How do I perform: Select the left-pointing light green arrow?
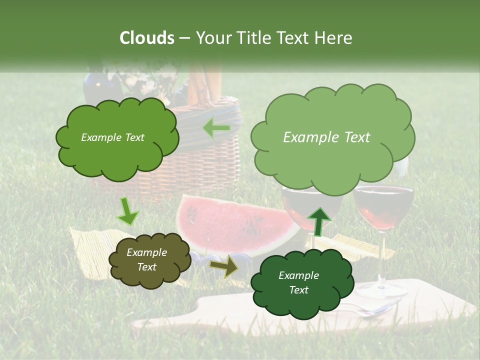pyautogui.click(x=216, y=128)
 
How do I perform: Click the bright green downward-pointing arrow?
pyautogui.click(x=127, y=211)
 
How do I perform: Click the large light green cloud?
pyautogui.click(x=332, y=137)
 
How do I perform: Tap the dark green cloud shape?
pyautogui.click(x=298, y=283)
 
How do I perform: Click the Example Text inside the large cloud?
pyautogui.click(x=326, y=137)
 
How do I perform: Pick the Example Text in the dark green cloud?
pyautogui.click(x=298, y=282)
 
